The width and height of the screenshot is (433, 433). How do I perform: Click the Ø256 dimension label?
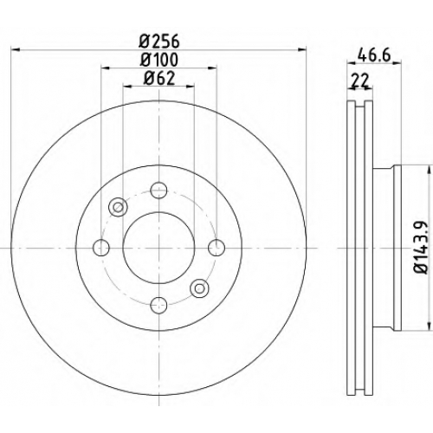[159, 42]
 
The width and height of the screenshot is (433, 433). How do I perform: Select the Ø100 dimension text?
[159, 60]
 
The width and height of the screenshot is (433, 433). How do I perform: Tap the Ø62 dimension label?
[159, 78]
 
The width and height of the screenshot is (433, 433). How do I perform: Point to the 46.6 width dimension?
[374, 55]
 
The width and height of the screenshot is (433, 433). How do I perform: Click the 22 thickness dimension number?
[359, 81]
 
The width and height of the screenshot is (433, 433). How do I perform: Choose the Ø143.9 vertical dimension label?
[420, 247]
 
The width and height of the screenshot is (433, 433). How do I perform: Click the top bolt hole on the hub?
[159, 190]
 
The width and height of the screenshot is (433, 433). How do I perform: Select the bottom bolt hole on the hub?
[159, 306]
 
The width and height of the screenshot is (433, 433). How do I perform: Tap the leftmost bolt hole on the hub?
[101, 248]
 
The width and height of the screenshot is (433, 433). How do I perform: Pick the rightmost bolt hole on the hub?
[216, 248]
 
